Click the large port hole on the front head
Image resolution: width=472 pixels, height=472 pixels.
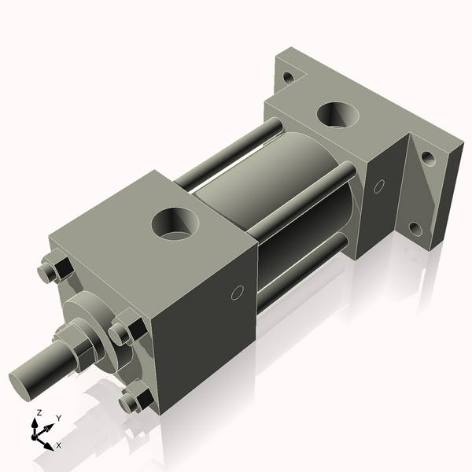pos(175,223)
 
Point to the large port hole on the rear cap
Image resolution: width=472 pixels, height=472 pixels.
pos(339,114)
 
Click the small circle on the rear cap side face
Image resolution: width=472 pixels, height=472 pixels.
pos(379,186)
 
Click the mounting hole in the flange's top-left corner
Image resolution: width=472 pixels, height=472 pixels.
pos(289,77)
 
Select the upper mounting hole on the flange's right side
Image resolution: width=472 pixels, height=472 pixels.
pos(428,158)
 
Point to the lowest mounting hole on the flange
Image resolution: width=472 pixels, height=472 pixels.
pos(415,229)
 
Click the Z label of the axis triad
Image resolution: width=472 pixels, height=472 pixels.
pos(39,412)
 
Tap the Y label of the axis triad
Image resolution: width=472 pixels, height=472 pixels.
pos(58,419)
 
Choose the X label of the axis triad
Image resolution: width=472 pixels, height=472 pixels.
pos(58,444)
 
